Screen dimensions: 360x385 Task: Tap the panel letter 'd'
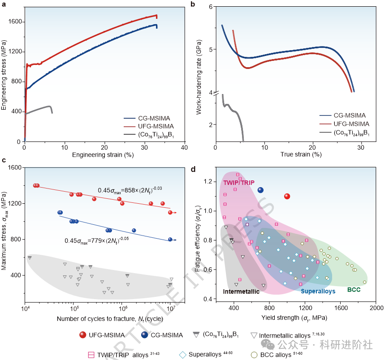(x=193, y=169)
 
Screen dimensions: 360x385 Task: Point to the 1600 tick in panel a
(x=17, y=22)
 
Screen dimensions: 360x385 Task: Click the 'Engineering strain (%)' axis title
(x=104, y=154)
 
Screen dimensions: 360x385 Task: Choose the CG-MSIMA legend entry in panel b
(x=350, y=116)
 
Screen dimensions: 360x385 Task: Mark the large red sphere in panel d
(x=287, y=196)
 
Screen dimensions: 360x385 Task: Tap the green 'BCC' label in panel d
(x=354, y=290)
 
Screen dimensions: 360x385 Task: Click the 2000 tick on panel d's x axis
(x=376, y=309)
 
